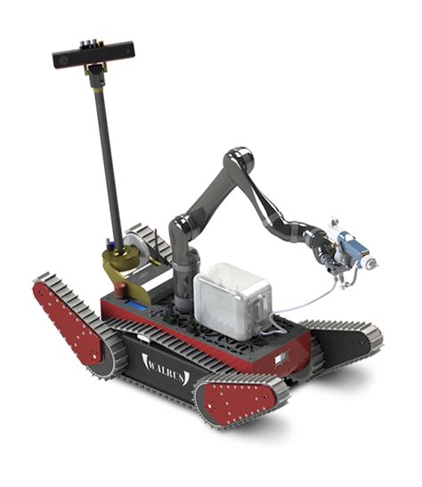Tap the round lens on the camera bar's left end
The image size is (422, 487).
[63, 61]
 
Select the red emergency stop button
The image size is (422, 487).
[120, 289]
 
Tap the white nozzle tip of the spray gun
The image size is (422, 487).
[372, 264]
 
